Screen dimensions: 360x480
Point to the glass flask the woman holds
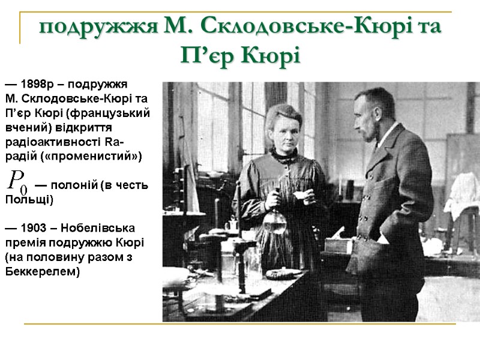tap(274, 219)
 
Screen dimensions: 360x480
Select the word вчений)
tap(29, 128)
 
